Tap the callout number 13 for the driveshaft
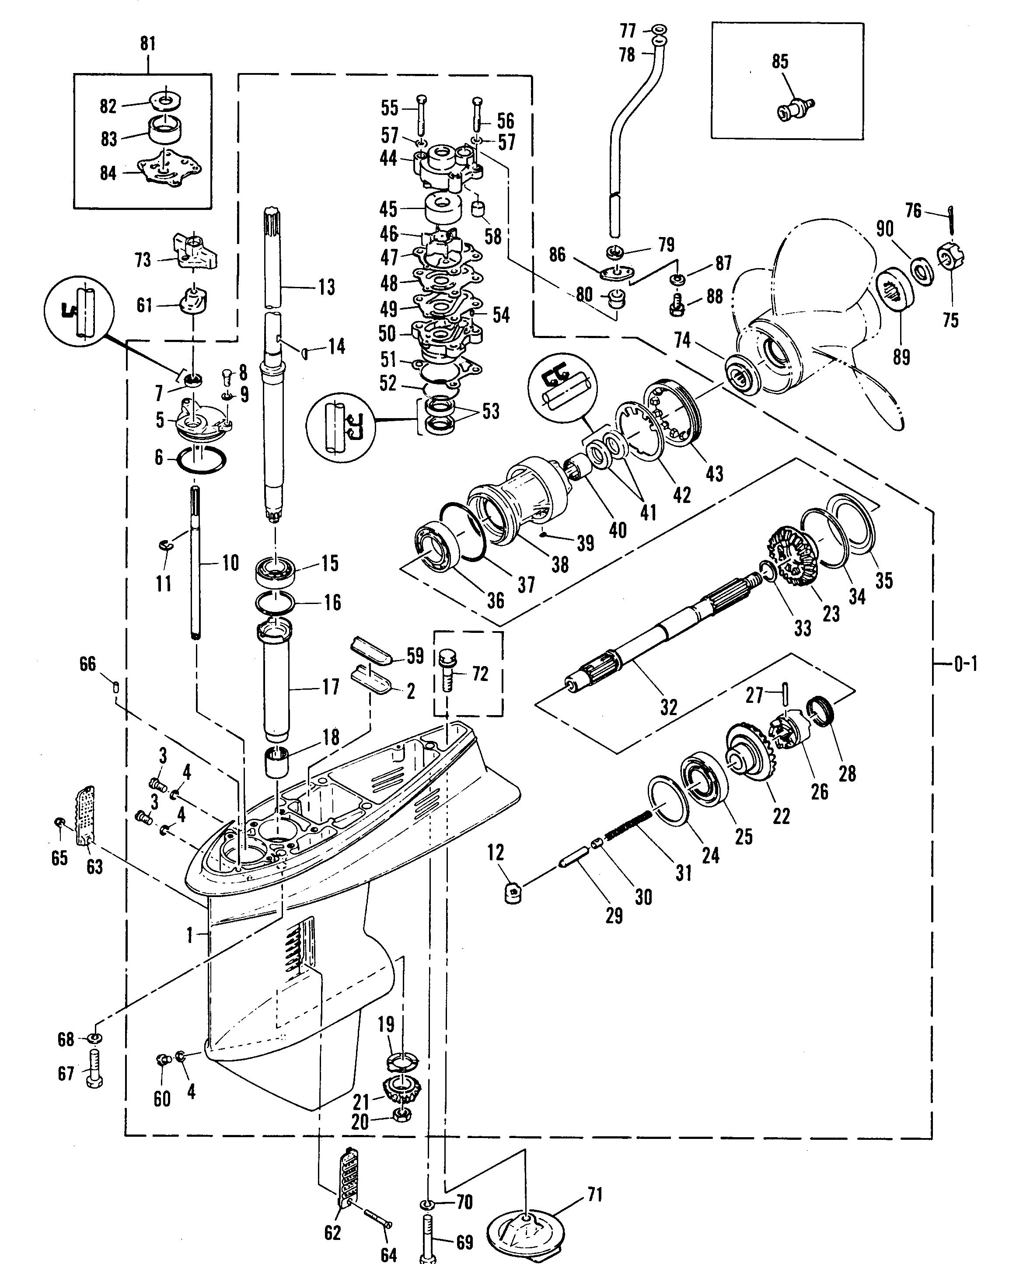click(327, 287)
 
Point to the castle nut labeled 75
click(953, 255)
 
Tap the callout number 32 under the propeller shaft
click(668, 708)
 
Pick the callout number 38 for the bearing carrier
click(560, 564)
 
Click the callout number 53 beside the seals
click(491, 412)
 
